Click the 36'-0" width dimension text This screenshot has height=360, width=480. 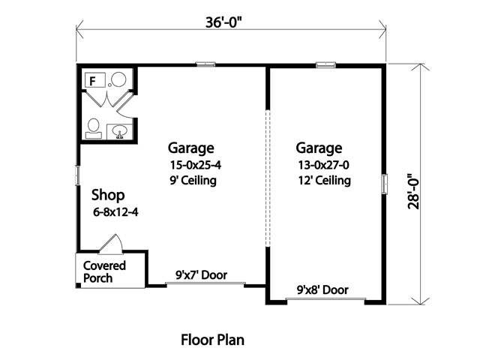223,22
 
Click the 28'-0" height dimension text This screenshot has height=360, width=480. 413,192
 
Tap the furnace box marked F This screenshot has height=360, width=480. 94,80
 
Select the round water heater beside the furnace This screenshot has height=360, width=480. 118,79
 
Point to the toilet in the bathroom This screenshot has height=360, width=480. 94,128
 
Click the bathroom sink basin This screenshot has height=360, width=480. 119,131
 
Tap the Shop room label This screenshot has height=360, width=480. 108,195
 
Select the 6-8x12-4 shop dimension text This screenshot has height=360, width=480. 115,211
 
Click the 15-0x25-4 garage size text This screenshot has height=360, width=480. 195,165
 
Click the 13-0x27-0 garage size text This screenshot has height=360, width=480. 323,165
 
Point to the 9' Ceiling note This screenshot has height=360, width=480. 193,180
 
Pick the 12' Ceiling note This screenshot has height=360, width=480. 325,180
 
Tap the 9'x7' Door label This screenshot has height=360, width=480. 202,275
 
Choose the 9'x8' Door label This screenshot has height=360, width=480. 322,289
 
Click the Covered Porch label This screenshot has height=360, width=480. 104,271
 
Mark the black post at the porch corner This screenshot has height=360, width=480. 78,286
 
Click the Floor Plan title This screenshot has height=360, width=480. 212,340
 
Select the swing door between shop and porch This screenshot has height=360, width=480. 111,244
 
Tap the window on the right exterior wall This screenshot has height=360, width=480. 384,184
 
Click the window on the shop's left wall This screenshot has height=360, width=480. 77,175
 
